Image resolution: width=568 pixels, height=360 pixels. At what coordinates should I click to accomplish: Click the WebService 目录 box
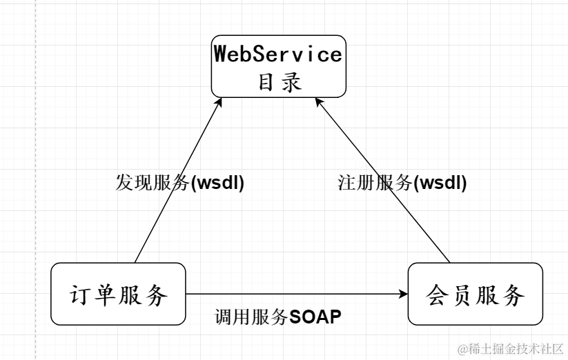click(x=278, y=66)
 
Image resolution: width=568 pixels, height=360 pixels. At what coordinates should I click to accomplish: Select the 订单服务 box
click(x=119, y=294)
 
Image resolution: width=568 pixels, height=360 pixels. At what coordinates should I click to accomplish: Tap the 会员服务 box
click(x=475, y=294)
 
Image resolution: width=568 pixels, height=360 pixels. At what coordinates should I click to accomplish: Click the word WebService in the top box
click(x=278, y=53)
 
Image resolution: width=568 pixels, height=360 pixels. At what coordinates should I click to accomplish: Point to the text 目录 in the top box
click(x=279, y=82)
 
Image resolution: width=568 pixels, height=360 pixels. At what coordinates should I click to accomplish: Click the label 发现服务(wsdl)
click(x=179, y=183)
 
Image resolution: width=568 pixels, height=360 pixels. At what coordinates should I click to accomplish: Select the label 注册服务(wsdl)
click(x=402, y=183)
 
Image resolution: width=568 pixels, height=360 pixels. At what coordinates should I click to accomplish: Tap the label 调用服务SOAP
click(x=278, y=317)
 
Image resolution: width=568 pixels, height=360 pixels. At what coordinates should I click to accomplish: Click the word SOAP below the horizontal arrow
click(x=315, y=317)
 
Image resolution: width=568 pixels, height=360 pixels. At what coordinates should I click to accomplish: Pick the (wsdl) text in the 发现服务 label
click(x=217, y=183)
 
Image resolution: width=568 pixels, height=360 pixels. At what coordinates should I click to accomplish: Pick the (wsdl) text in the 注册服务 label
click(x=440, y=183)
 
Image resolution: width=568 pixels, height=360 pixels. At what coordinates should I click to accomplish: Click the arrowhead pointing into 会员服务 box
click(x=403, y=294)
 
